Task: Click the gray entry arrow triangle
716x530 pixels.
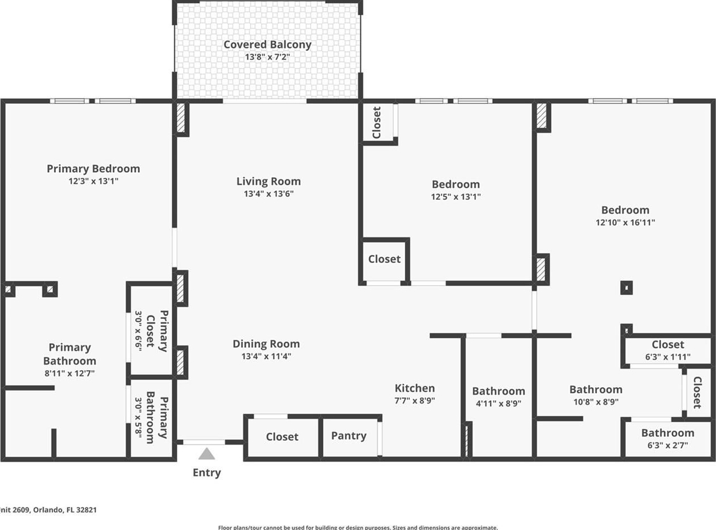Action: [206, 454]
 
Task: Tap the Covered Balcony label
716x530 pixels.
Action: [267, 45]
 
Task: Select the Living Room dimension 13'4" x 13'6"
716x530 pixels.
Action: [268, 194]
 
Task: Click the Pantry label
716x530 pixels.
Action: [348, 436]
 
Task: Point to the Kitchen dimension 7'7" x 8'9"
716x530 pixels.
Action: [414, 401]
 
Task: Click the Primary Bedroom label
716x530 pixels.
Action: [93, 169]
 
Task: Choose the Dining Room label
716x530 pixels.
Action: [266, 344]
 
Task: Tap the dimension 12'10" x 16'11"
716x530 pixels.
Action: [625, 222]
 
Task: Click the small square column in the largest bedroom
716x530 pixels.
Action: [626, 288]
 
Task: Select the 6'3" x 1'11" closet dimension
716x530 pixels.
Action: [668, 357]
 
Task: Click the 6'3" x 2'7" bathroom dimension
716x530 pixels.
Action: [668, 445]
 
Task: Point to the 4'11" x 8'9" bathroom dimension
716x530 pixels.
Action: [498, 404]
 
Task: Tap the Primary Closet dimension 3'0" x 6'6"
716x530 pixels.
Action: [139, 331]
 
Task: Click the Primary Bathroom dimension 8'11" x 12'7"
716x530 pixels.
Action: [69, 374]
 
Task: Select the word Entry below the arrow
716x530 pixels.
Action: [206, 473]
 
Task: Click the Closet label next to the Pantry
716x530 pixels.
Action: [282, 437]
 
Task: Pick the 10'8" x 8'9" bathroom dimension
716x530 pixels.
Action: [596, 402]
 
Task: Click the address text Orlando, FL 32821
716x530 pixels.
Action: [65, 510]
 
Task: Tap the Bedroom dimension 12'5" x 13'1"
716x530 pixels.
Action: [456, 197]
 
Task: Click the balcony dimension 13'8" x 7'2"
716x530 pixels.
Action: [267, 57]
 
